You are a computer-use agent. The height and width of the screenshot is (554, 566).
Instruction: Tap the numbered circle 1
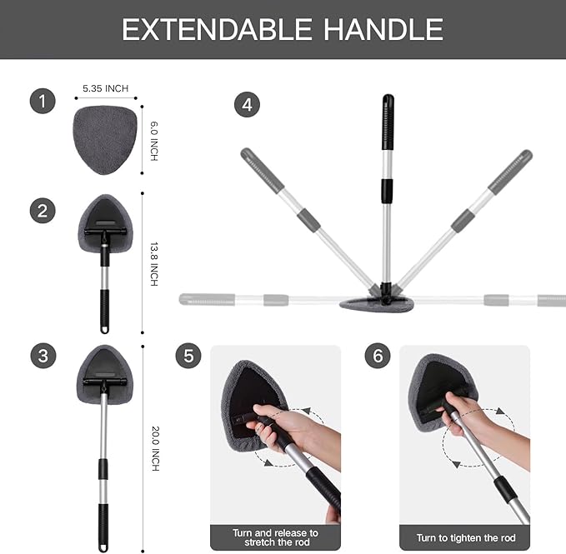point(43,102)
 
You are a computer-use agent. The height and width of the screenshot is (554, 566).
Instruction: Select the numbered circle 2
point(43,210)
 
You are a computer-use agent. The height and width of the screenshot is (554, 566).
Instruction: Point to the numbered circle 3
point(43,356)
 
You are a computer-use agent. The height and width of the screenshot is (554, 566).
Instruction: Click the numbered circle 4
point(247,106)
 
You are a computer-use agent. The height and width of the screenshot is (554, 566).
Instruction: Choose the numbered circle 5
point(188,356)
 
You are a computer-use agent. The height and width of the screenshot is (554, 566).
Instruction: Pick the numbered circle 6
point(378,356)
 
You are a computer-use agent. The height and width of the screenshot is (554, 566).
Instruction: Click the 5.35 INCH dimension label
point(105,88)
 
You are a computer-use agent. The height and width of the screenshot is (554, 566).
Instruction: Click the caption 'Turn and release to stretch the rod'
point(275,537)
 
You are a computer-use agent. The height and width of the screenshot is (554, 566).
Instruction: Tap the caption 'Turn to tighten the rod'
point(464,537)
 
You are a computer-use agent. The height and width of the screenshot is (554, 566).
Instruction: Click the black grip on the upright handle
point(388,123)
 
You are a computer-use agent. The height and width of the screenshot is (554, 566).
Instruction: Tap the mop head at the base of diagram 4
point(377,302)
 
